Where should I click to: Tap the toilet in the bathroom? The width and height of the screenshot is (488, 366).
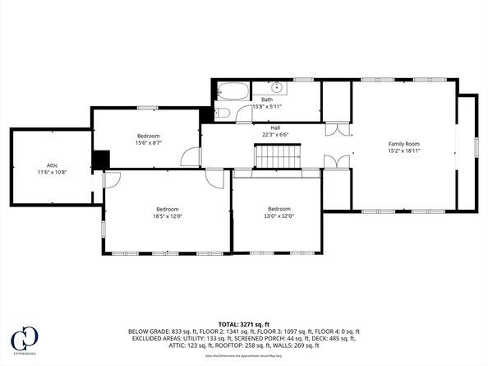223,113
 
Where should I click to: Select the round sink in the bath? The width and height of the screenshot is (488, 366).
278,86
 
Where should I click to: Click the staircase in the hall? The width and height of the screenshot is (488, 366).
277,155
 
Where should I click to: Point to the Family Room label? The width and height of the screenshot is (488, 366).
403,144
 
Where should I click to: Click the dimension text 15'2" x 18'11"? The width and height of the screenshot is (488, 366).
403,151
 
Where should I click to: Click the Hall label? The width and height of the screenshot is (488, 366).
276,127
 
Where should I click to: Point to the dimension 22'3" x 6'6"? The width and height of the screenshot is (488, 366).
276,135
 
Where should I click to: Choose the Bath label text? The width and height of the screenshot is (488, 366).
267,100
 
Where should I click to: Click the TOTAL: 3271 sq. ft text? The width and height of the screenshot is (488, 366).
243,324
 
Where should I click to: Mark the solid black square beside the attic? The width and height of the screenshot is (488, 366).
100,160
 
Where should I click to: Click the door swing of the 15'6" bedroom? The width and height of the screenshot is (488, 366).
191,157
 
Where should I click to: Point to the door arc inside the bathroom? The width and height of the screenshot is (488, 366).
244,114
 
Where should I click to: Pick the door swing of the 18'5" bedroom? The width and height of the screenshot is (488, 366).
113,179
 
